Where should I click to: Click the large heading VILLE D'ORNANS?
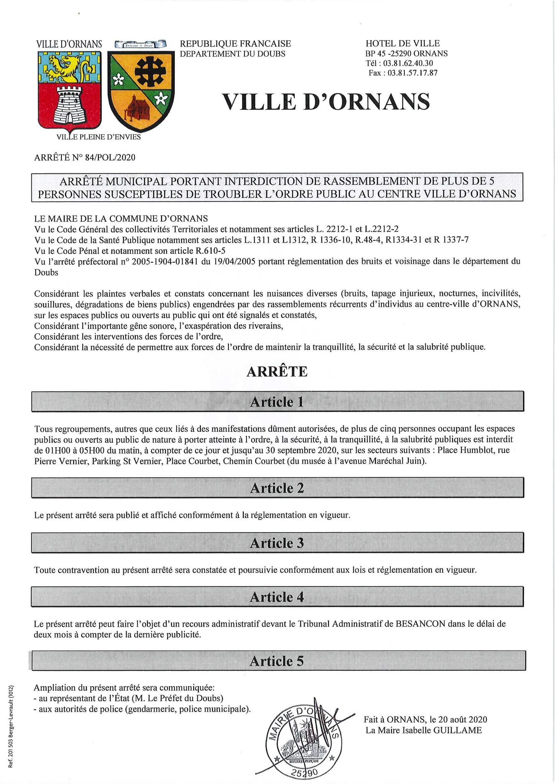tap(326, 102)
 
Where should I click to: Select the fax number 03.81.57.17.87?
tap(412, 73)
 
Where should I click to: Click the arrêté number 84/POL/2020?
tap(110, 157)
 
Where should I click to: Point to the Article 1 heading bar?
tap(277, 402)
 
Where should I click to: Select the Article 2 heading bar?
tap(277, 488)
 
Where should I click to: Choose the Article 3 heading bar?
tap(277, 543)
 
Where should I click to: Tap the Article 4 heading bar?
tap(277, 597)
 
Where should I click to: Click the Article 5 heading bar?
tap(277, 661)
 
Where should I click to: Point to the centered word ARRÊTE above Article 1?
tap(277, 372)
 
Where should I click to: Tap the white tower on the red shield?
tap(69, 104)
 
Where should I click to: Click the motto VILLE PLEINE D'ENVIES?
tap(99, 137)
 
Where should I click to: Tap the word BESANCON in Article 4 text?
tap(420, 624)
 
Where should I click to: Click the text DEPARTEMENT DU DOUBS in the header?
tap(233, 54)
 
